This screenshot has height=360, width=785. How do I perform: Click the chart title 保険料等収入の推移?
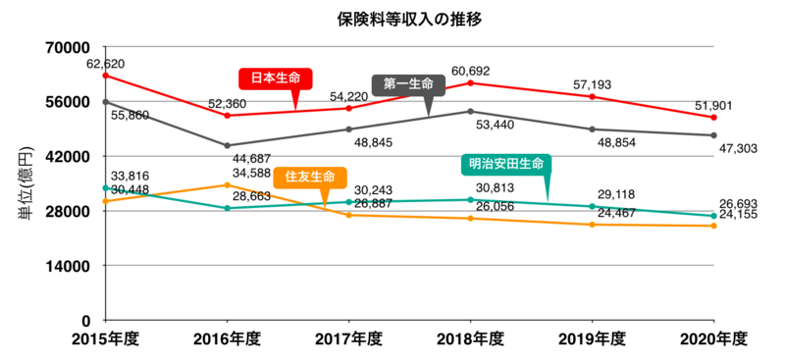click(x=397, y=19)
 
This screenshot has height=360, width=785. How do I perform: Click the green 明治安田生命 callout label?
click(x=505, y=164)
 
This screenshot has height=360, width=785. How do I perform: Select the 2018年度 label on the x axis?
click(x=470, y=338)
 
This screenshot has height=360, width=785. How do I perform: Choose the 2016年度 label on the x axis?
click(x=227, y=338)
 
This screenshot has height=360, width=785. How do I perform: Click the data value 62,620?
click(x=106, y=64)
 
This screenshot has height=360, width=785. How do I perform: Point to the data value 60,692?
click(x=471, y=71)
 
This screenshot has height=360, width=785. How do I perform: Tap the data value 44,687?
click(x=251, y=158)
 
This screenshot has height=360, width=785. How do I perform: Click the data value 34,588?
click(x=251, y=173)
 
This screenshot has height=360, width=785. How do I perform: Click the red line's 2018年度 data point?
click(x=470, y=83)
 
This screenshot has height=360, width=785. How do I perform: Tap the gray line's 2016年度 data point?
click(x=227, y=146)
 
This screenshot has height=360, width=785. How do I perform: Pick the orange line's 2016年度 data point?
click(x=227, y=185)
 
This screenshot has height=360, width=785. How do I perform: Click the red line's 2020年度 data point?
click(x=713, y=118)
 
